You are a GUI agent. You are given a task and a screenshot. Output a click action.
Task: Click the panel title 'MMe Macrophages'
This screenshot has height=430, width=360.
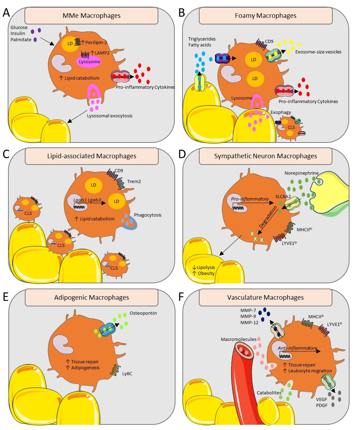click(92, 16)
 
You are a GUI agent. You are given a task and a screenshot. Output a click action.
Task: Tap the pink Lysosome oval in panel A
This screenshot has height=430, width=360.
click(89, 62)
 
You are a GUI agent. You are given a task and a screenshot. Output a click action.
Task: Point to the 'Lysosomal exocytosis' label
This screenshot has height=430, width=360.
click(110, 116)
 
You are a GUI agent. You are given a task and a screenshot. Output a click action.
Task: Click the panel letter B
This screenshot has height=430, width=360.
click(182, 13)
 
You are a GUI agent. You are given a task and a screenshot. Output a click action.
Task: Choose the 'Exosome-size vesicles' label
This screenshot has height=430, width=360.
click(318, 52)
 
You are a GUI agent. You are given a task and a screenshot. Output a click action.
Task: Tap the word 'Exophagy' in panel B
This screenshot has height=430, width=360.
click(280, 113)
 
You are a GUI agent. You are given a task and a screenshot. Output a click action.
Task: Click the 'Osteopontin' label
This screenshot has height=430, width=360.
click(143, 313)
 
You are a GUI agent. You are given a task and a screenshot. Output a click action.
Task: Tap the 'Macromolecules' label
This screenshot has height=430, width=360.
click(238, 339)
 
